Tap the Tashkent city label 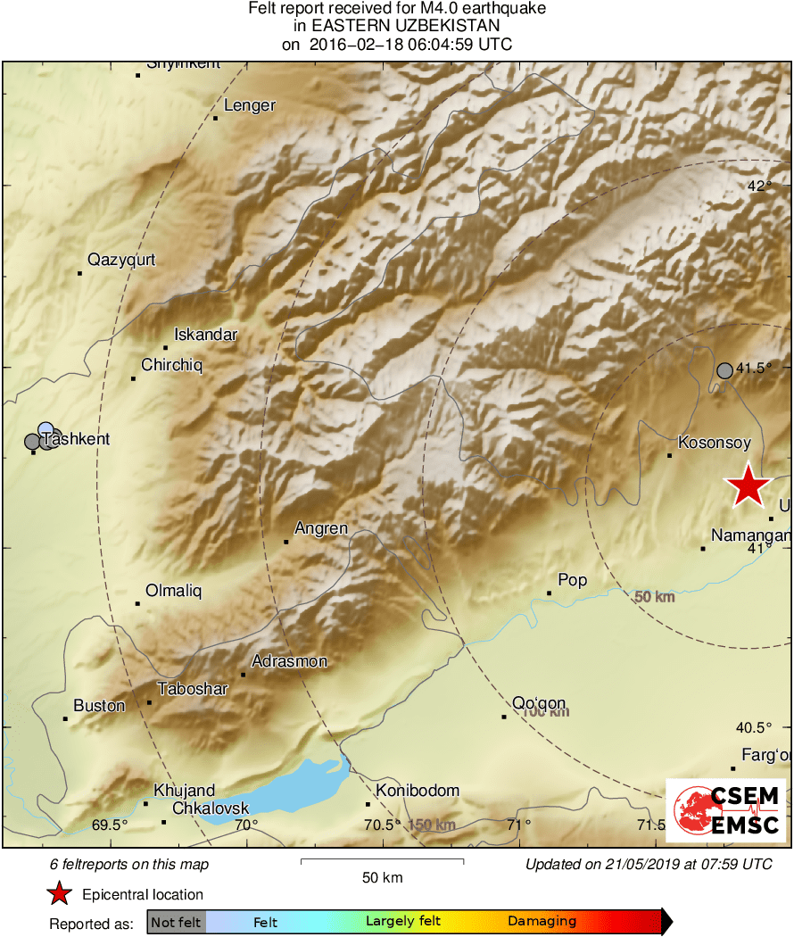tap(77, 439)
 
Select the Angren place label tap(321, 528)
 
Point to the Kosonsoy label tap(715, 442)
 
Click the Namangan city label tap(751, 535)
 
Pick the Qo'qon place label tap(539, 702)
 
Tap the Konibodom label tap(418, 790)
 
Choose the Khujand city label tap(184, 790)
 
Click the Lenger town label tap(249, 105)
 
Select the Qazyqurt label tap(121, 260)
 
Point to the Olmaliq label tap(174, 591)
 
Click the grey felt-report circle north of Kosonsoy tap(725, 370)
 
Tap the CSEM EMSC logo tap(726, 809)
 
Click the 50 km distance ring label tap(654, 597)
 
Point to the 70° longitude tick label tap(246, 825)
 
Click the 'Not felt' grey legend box tap(176, 922)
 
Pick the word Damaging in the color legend tap(542, 922)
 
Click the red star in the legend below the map tap(59, 893)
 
